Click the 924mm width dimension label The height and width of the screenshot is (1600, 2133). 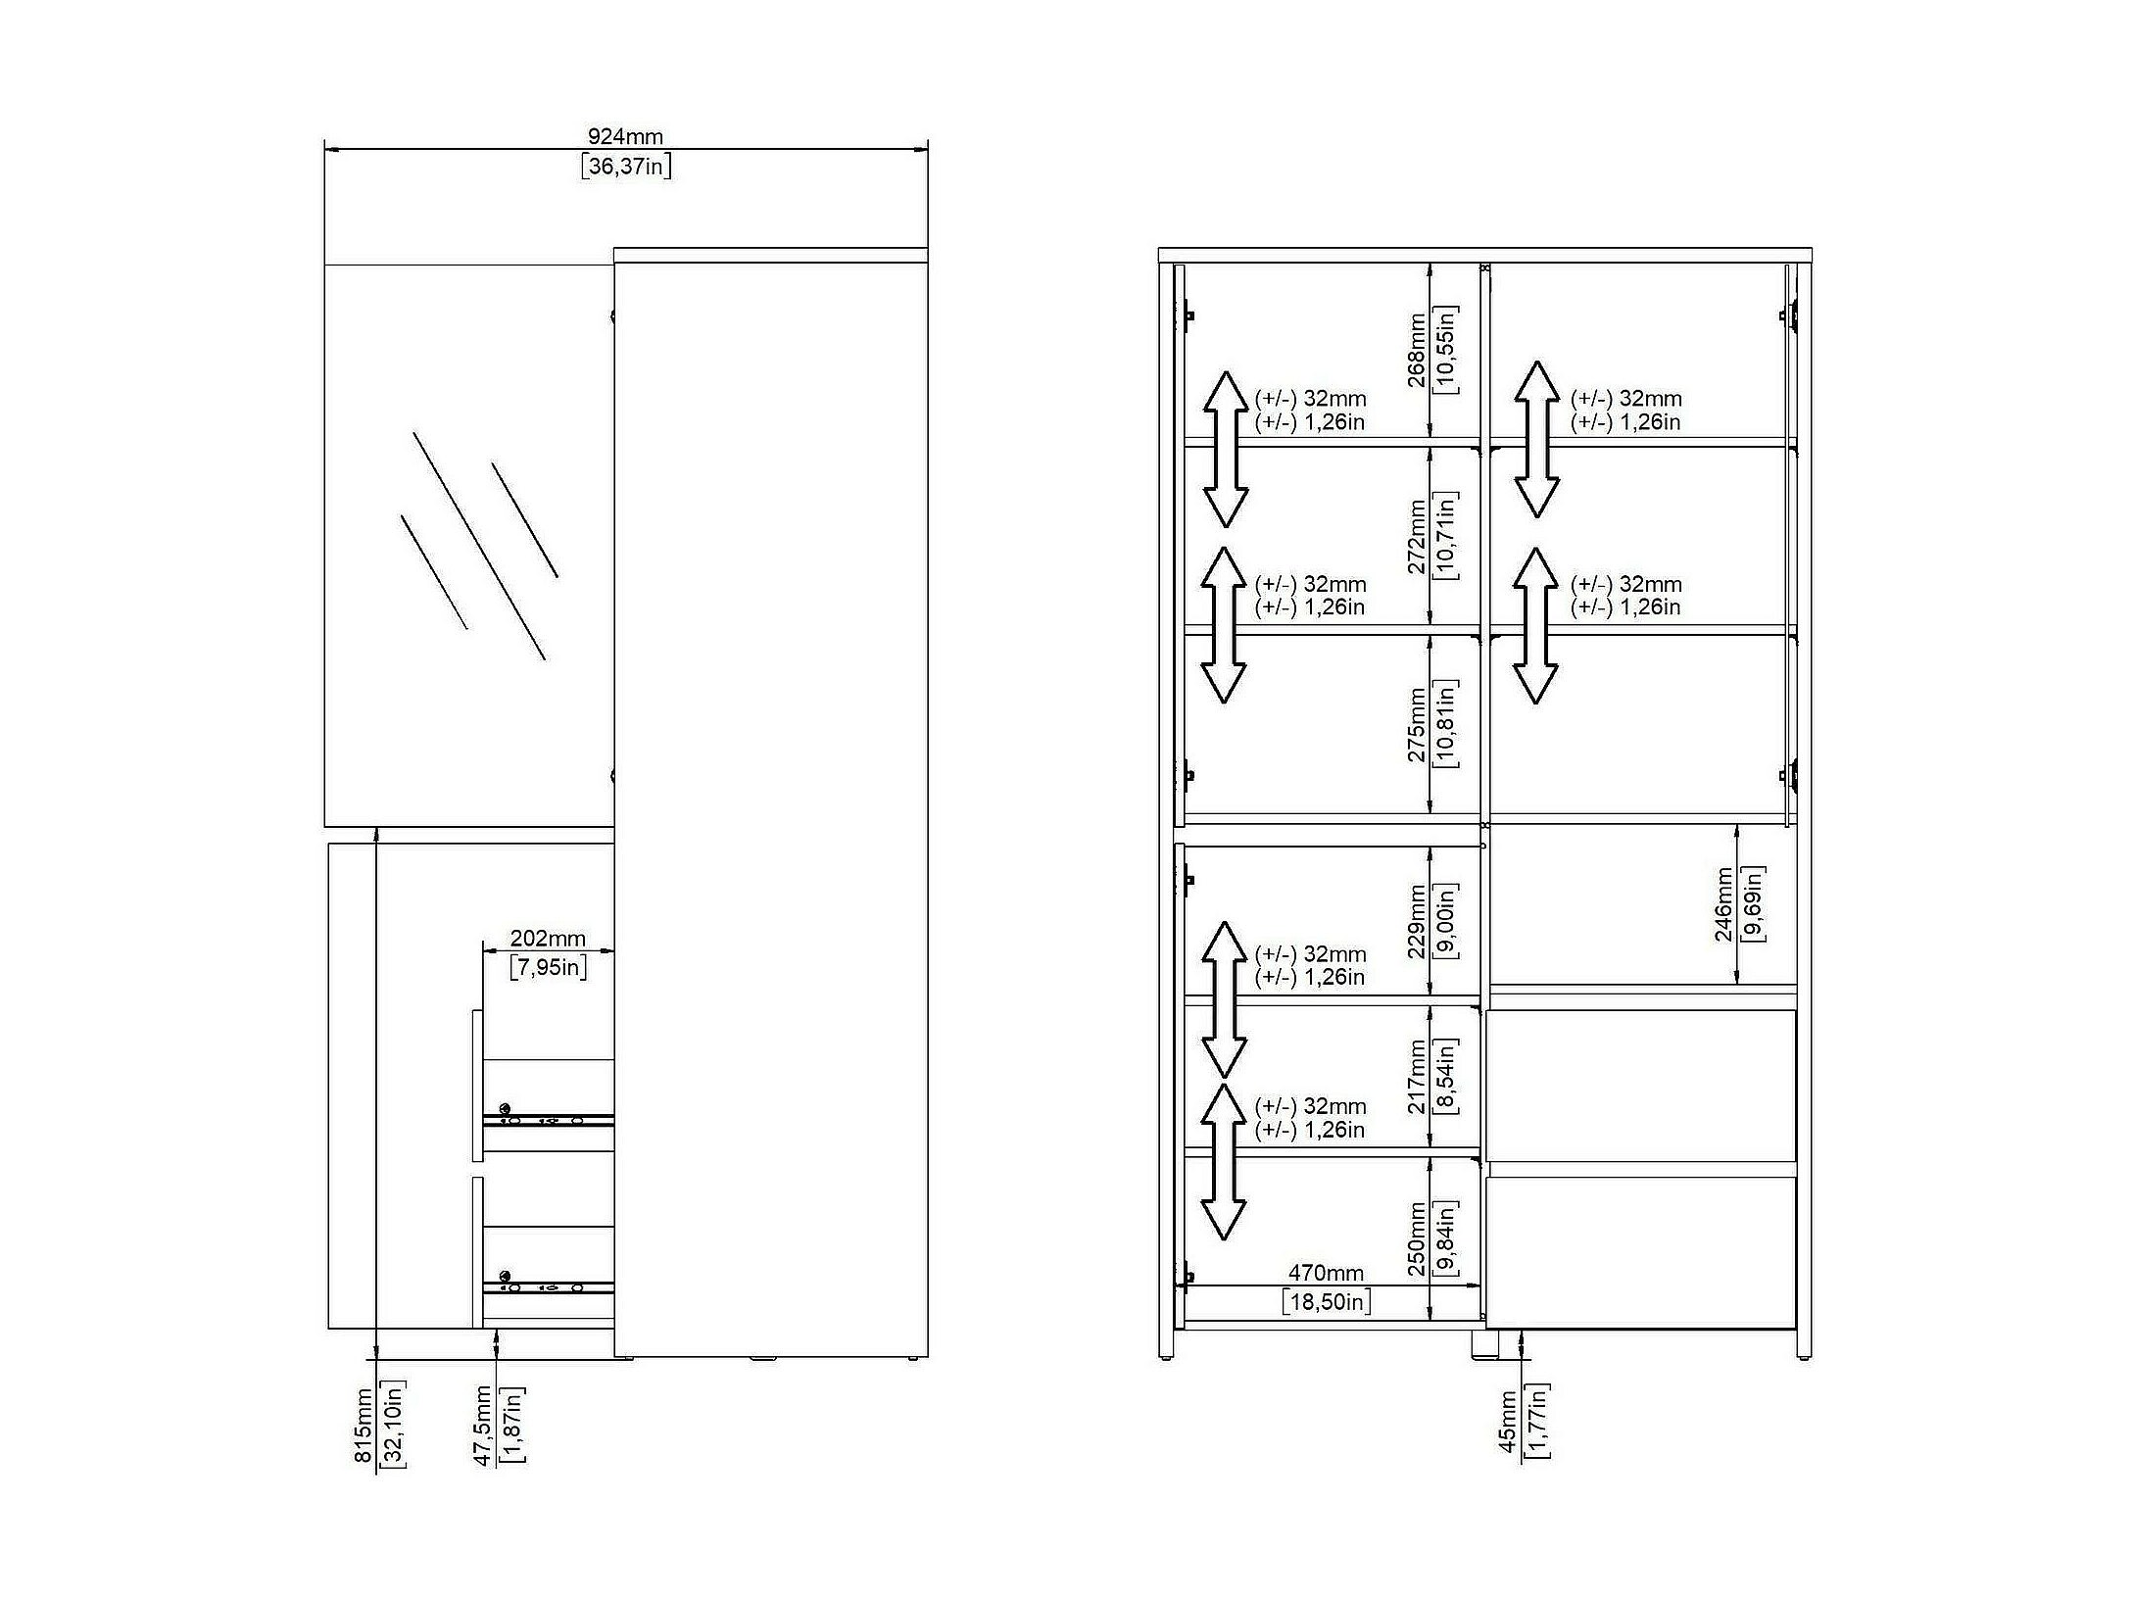(x=625, y=136)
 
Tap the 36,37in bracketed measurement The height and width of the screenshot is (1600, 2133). (x=626, y=166)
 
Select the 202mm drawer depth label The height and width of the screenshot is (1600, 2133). (x=548, y=939)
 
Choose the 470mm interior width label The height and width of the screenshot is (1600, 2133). (x=1326, y=1273)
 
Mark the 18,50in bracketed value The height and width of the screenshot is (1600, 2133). (x=1327, y=1301)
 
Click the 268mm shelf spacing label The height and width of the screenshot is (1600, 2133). (x=1417, y=350)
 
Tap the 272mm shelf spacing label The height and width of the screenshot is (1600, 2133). (x=1417, y=537)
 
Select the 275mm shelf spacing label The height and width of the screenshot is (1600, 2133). (x=1417, y=725)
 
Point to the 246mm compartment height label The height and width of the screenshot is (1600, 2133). (x=1723, y=903)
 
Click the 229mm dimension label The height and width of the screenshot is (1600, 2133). (x=1417, y=922)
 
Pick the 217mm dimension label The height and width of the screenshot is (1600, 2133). (x=1417, y=1077)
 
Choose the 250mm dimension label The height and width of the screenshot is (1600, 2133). (x=1417, y=1239)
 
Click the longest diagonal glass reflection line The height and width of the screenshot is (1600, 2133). (x=479, y=546)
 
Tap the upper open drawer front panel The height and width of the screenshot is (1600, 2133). (x=477, y=1084)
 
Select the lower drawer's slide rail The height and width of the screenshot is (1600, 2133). (x=549, y=1285)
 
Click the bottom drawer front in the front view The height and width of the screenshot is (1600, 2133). (x=1641, y=1252)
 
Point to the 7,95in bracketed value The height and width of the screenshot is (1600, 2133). (x=549, y=968)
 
